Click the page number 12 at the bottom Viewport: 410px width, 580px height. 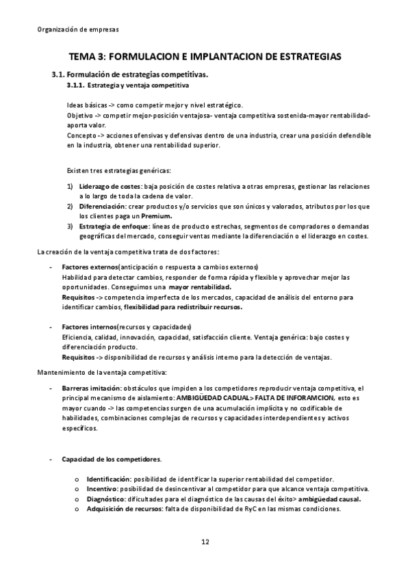205,542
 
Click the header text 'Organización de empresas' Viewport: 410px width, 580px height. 76,29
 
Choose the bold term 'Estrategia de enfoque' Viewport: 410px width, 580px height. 112,226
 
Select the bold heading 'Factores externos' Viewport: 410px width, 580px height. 90,267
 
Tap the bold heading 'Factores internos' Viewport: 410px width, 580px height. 89,327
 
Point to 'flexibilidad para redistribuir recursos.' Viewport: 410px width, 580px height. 183,307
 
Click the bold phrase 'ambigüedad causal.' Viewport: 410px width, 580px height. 330,499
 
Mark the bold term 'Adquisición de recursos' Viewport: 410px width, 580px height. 123,509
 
